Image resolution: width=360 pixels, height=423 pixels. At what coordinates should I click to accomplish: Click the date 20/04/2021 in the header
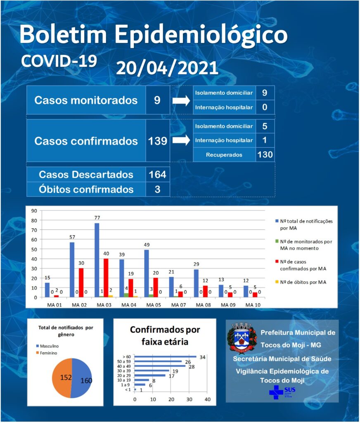point(167,68)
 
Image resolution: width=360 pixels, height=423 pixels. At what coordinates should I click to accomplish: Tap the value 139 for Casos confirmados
point(157,141)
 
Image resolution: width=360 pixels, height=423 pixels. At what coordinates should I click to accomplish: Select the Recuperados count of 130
point(265,154)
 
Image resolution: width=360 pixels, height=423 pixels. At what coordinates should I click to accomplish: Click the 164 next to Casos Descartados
point(157,175)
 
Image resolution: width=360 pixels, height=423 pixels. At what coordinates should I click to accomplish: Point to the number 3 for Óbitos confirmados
point(157,189)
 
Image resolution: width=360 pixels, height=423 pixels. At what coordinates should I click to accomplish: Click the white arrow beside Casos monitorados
point(181,101)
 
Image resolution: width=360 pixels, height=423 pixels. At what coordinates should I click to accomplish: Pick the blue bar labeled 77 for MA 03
point(97,260)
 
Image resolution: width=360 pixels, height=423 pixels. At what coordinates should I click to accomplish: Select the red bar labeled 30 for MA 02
point(81,283)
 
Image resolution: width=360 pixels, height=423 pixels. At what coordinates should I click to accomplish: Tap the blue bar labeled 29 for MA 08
point(196,283)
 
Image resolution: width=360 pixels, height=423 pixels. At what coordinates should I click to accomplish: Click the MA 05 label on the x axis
point(154,305)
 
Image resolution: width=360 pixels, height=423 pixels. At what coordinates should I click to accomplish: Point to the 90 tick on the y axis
point(34,211)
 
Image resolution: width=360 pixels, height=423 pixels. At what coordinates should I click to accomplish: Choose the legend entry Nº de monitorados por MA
point(303,245)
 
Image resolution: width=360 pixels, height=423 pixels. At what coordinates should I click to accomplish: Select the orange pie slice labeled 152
point(62,378)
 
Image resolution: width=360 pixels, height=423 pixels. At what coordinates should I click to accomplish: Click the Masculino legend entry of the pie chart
point(47,346)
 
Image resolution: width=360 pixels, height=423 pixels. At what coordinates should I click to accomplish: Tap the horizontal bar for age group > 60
point(165,356)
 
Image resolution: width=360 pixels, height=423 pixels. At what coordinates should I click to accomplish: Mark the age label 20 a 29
point(124,375)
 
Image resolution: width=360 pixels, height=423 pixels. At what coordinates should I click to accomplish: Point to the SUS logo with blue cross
point(282,392)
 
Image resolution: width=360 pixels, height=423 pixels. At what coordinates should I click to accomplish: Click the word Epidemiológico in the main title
point(201,35)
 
